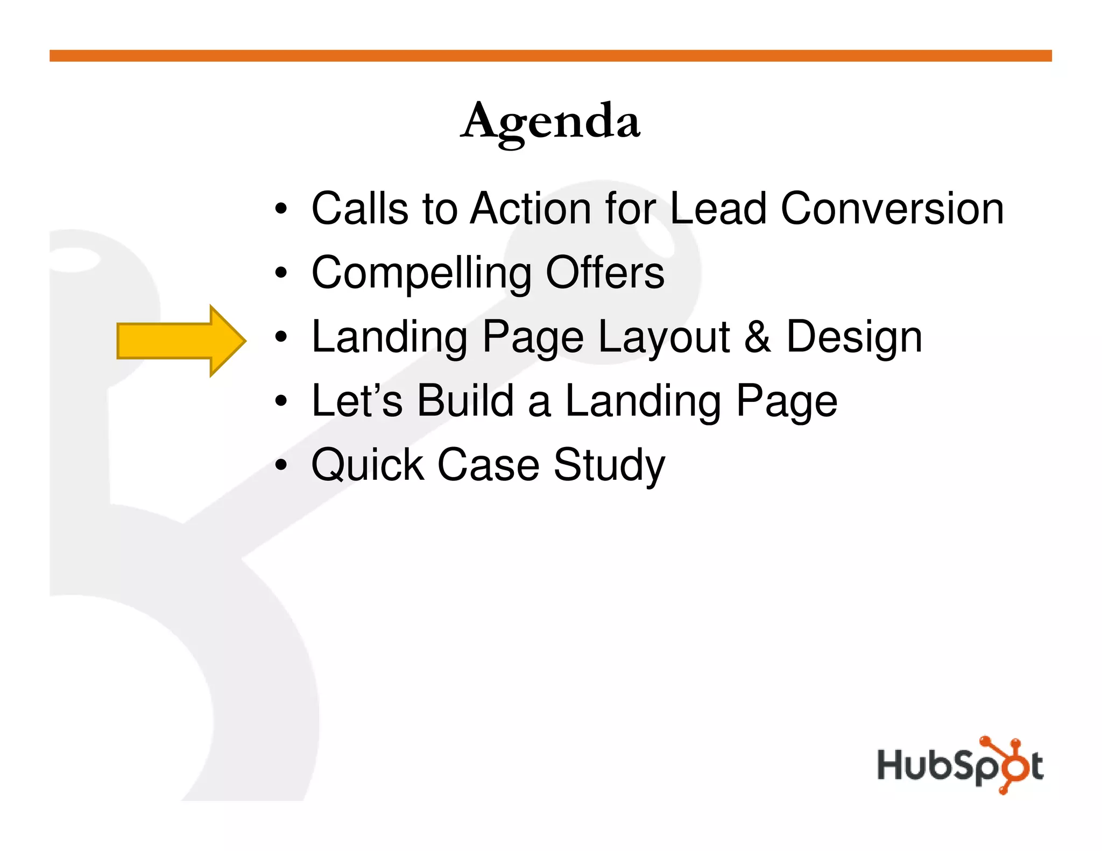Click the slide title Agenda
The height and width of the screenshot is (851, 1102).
[550, 123]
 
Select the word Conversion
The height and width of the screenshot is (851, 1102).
[892, 209]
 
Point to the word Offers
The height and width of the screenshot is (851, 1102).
[605, 273]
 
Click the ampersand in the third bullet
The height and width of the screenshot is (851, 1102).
[757, 337]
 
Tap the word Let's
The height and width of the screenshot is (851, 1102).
[357, 401]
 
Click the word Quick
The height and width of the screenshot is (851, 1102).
[368, 465]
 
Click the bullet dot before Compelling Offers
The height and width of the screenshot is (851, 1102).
[281, 273]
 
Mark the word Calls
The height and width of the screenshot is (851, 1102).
[359, 209]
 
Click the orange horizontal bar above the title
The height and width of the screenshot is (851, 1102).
[550, 55]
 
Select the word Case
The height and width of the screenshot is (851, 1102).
[488, 465]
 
